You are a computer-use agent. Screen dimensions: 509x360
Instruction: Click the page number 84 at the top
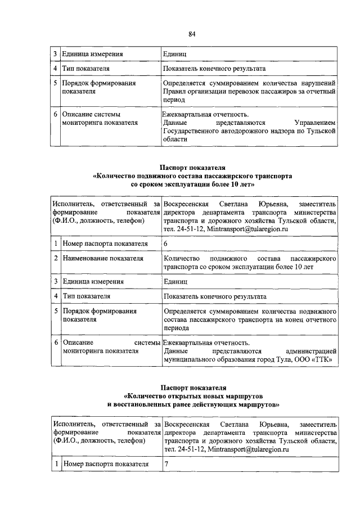click(192, 34)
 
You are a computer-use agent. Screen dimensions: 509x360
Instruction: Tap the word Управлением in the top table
click(315, 122)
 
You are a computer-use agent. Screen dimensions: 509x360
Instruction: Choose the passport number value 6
click(165, 244)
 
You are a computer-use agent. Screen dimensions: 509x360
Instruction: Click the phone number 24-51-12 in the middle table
click(191, 229)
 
